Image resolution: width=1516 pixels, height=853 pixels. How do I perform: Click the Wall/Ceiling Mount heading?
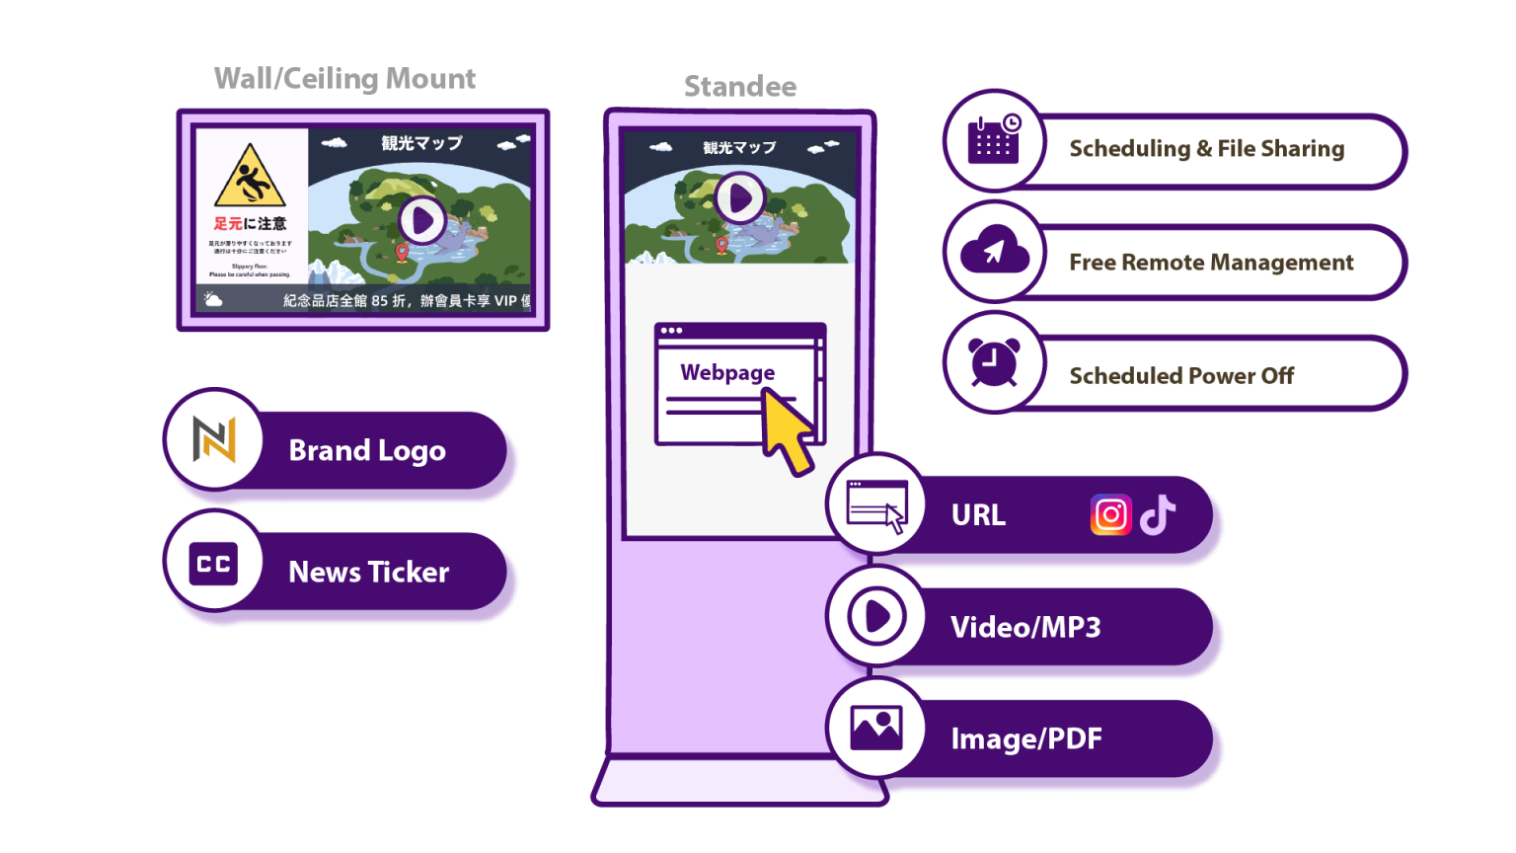[344, 79]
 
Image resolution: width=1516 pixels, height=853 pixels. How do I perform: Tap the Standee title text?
[740, 87]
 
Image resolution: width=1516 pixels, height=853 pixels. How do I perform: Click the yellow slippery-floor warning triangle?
[250, 177]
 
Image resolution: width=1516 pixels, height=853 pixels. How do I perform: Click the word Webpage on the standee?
[727, 372]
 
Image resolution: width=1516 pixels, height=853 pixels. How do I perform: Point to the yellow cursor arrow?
[789, 430]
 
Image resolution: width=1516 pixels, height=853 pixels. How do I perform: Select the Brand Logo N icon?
[214, 439]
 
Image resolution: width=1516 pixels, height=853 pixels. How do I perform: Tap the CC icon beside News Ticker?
[214, 564]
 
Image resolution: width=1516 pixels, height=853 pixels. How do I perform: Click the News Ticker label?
[368, 573]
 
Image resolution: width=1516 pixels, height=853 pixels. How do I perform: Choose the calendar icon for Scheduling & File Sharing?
[994, 140]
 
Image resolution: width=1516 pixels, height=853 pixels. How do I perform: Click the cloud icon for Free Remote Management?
[994, 252]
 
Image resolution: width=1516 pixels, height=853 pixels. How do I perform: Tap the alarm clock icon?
[994, 362]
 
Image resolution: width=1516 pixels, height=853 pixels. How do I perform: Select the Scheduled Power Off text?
[1180, 376]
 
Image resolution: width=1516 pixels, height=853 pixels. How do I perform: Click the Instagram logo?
[1110, 515]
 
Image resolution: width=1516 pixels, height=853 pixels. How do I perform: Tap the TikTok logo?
[1158, 514]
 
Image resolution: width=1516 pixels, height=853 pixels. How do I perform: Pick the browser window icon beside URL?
[876, 505]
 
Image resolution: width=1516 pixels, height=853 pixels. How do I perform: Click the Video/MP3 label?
[1024, 628]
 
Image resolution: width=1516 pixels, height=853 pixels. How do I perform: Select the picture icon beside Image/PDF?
[876, 729]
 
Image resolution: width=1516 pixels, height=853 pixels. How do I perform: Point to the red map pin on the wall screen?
[402, 253]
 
